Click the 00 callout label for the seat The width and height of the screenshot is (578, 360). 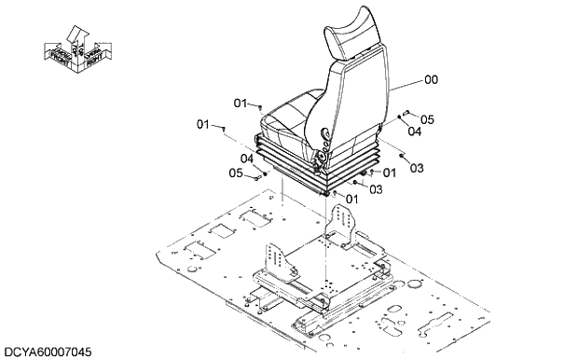coord(430,81)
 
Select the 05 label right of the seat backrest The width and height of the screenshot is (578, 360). coord(428,119)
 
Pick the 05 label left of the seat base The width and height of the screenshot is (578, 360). coord(236,172)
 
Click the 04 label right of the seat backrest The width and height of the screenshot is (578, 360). coord(414,132)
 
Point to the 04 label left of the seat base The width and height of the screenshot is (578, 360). coord(247,159)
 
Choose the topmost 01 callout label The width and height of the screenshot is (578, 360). coord(240,103)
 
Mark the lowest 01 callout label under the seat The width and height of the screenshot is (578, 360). coord(351,199)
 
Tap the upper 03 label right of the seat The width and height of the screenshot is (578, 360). coord(416,168)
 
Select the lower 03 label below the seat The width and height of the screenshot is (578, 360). coord(375,189)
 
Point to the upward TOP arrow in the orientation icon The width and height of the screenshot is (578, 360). coord(78,35)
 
